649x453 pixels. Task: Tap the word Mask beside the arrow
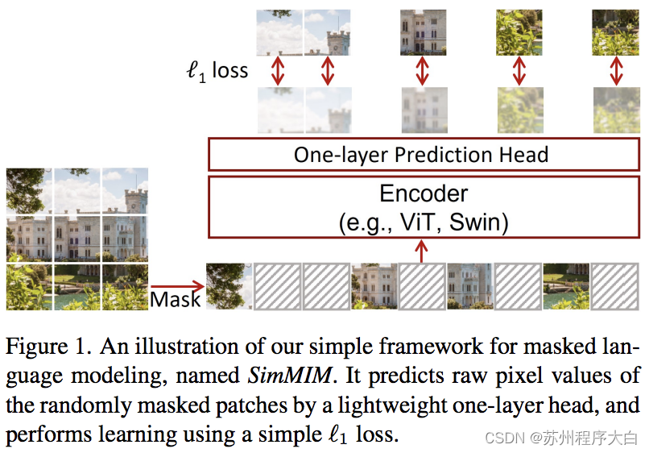[176, 300]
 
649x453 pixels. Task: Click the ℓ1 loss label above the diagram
[217, 72]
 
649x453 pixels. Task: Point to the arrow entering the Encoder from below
[422, 251]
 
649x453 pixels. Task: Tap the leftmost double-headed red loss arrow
[279, 70]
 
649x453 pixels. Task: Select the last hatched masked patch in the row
[615, 286]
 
